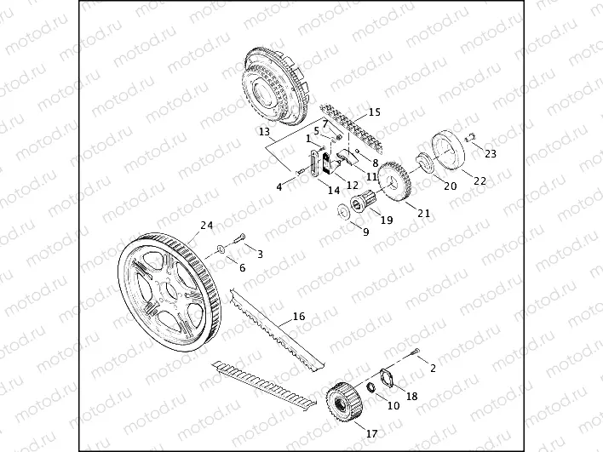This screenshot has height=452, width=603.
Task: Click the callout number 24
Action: pos(204,226)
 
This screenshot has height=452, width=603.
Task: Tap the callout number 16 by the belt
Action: pos(298,317)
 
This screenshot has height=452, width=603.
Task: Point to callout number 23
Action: pos(490,153)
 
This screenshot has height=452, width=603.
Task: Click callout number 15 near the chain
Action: pos(374,112)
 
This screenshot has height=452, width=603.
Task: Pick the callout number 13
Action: pos(264,132)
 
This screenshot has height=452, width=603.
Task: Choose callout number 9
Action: pos(365,232)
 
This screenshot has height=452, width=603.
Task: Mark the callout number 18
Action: pos(411,396)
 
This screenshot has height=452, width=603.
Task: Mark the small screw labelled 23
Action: pos(471,137)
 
